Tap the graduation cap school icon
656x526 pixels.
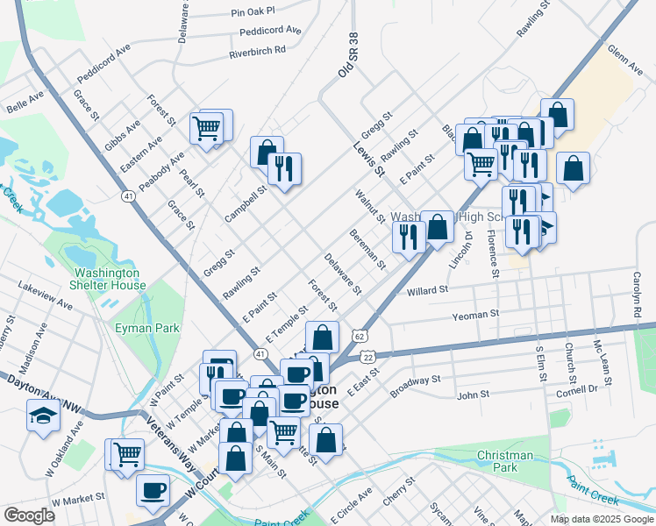click(x=43, y=415)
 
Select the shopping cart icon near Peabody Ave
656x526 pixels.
click(x=207, y=129)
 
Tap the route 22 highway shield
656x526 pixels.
click(x=368, y=357)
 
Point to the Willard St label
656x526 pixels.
click(x=428, y=288)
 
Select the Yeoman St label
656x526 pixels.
click(x=475, y=313)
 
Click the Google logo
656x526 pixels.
click(x=29, y=515)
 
